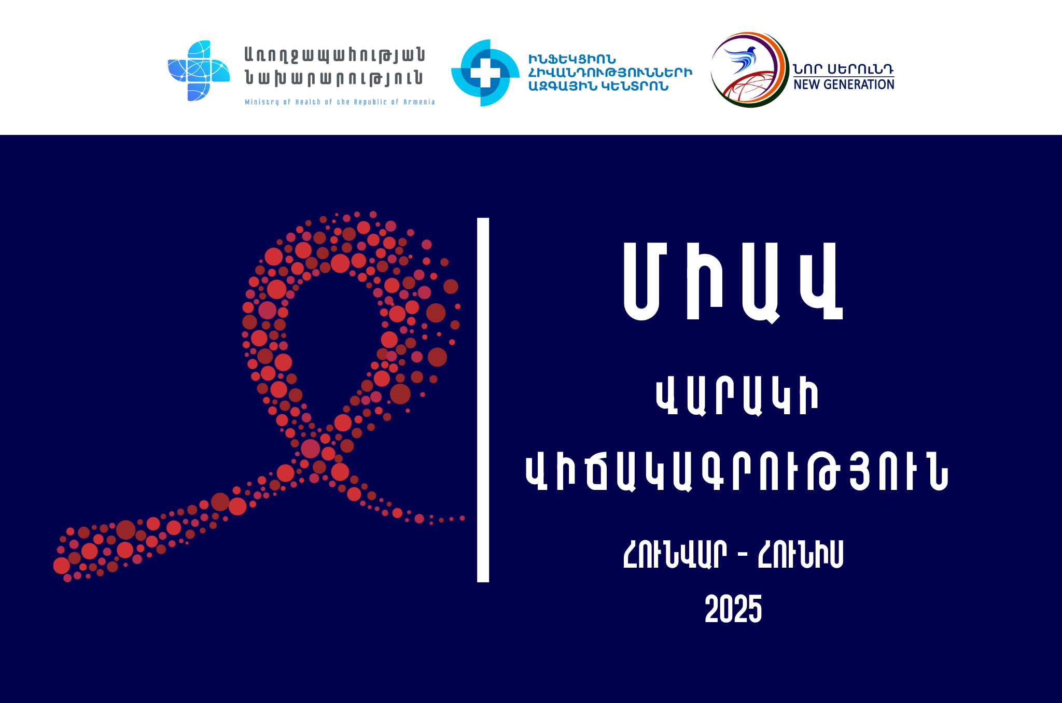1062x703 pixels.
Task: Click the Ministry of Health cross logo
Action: (x=199, y=71)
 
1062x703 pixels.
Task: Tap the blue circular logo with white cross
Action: (x=485, y=73)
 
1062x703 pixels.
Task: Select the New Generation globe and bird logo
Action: (x=749, y=69)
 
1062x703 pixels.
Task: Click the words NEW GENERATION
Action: (x=844, y=85)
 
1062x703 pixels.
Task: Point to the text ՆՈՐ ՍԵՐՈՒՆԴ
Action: (x=844, y=69)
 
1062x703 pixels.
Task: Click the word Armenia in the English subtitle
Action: (x=419, y=102)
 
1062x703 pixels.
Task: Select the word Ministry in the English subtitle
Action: (x=262, y=102)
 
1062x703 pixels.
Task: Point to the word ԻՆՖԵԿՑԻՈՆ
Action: (x=572, y=60)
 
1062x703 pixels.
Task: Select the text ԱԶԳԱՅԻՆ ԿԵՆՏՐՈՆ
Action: (x=598, y=86)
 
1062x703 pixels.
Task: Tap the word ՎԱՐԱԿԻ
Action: (x=737, y=397)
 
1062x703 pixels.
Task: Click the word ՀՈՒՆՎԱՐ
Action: (x=675, y=554)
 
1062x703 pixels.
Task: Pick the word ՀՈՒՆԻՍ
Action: (x=801, y=554)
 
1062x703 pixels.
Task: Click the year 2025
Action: (x=733, y=609)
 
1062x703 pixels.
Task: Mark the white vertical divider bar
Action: (x=483, y=400)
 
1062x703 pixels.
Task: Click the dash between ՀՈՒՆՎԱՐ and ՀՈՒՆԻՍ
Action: (x=742, y=556)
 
